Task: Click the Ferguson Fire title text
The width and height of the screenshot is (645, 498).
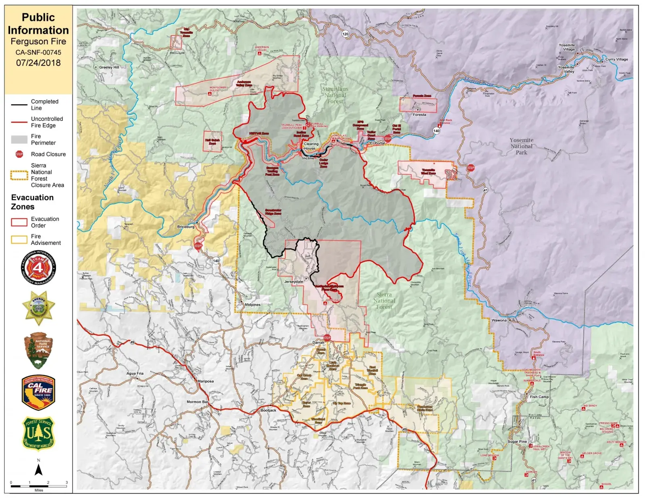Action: [38, 41]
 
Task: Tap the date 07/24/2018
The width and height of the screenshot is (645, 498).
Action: [38, 63]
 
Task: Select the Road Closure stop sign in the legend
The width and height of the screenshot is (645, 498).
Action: [19, 154]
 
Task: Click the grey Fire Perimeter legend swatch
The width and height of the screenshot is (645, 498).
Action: [19, 139]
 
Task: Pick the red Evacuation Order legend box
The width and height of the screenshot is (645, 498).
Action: [19, 222]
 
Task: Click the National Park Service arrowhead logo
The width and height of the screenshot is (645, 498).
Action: [38, 350]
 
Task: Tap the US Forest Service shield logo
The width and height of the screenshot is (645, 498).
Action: [38, 434]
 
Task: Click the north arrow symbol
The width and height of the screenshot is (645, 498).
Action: [39, 470]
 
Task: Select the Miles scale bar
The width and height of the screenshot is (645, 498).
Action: [39, 486]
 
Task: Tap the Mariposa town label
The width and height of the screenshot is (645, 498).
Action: [206, 381]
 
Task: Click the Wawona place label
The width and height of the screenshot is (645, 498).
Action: [499, 320]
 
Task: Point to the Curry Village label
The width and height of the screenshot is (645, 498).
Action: [616, 59]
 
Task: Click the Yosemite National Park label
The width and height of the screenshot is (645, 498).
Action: [521, 146]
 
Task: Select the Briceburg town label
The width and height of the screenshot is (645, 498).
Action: [186, 227]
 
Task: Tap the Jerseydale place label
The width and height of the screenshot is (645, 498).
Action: [293, 282]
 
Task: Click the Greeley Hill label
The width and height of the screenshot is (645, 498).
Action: [109, 67]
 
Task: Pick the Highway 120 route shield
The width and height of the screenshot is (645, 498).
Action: [345, 34]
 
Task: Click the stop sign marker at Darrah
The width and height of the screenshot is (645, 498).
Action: [327, 338]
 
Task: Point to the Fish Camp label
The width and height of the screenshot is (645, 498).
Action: [539, 397]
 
